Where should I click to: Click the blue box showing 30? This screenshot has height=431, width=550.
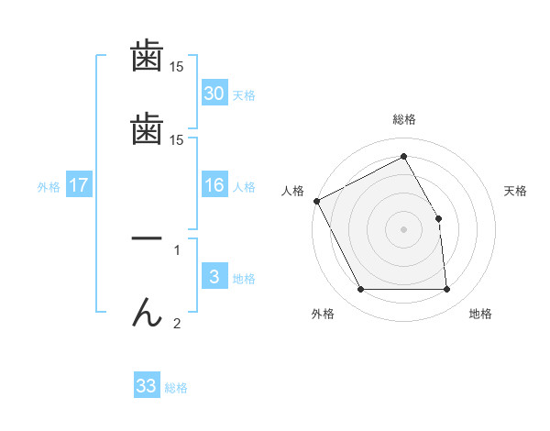214,93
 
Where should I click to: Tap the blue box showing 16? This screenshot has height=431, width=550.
214,185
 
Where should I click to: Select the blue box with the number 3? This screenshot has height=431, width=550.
214,277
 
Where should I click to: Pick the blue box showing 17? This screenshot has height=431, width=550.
79,185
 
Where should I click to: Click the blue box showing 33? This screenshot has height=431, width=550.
147,386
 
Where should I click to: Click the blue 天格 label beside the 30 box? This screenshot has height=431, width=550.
244,94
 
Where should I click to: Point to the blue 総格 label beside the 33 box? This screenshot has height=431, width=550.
176,388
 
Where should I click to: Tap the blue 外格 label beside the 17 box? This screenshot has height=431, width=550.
49,187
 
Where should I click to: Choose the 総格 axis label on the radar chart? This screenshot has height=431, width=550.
404,119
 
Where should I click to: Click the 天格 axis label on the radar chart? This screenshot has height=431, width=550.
516,191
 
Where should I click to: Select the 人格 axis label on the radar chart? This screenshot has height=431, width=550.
292,191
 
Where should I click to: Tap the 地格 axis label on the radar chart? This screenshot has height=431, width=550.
480,314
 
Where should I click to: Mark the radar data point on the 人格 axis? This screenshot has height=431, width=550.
316,201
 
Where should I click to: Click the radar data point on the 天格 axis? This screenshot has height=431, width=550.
439,218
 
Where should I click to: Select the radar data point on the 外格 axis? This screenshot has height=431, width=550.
360,290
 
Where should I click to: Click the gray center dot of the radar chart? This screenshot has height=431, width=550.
404,229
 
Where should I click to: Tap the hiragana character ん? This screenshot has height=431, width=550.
147,314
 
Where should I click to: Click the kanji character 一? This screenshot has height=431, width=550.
147,238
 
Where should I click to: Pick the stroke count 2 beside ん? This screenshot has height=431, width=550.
177,323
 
